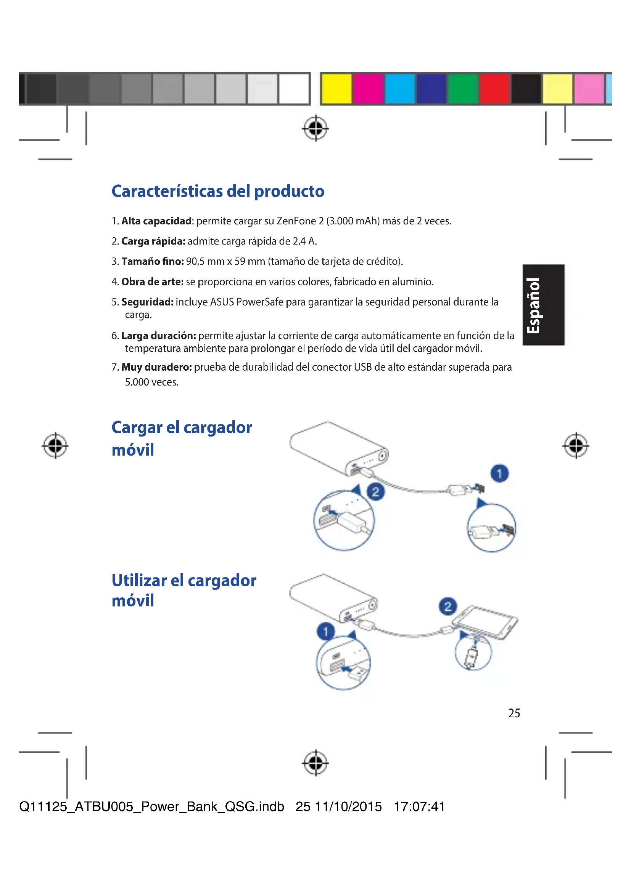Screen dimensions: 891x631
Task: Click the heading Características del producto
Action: pos(217,191)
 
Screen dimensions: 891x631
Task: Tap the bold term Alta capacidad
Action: pos(156,221)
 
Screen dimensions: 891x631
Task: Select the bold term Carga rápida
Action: pos(153,242)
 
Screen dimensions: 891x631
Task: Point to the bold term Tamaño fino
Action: pos(152,262)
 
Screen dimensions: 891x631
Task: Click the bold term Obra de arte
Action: pos(152,282)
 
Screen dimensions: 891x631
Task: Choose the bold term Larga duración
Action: pos(159,336)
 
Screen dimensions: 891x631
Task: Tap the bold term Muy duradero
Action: pos(156,367)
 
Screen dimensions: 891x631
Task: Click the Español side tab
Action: pos(543,305)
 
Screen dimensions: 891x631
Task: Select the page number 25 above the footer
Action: pos(513,713)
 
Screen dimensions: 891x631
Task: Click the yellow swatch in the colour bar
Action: pos(336,88)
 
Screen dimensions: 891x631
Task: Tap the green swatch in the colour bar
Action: pos(462,88)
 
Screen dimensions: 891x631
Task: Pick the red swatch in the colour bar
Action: pos(494,88)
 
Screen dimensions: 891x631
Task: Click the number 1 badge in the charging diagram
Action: pos(499,473)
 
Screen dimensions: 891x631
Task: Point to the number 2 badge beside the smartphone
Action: pos(447,606)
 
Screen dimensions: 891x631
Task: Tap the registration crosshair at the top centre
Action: pos(315,128)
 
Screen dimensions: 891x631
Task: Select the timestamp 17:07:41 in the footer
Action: pos(419,806)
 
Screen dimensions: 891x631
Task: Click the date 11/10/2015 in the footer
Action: pos(348,806)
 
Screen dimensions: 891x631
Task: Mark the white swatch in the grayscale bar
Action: pos(294,88)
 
